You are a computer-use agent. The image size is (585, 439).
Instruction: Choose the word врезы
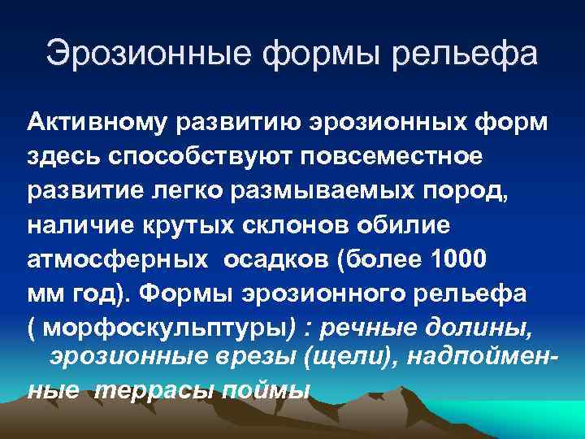(x=236, y=355)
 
